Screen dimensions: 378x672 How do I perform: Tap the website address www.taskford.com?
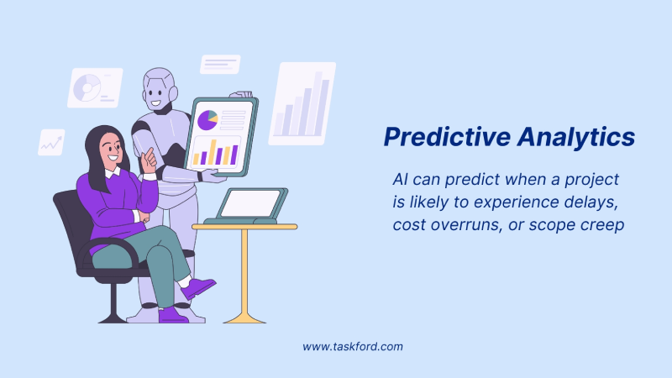tap(354, 346)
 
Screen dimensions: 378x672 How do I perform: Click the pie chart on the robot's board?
tap(207, 121)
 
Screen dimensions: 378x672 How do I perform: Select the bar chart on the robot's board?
tap(215, 153)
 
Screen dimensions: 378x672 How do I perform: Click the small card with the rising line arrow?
tap(51, 142)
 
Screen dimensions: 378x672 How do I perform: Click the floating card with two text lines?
tap(220, 65)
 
